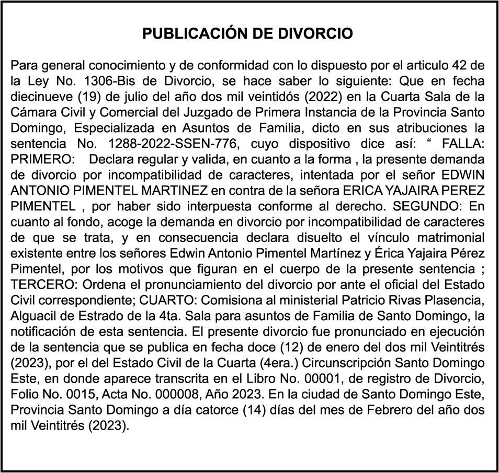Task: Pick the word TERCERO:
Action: [37, 286]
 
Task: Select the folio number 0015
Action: [67, 393]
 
